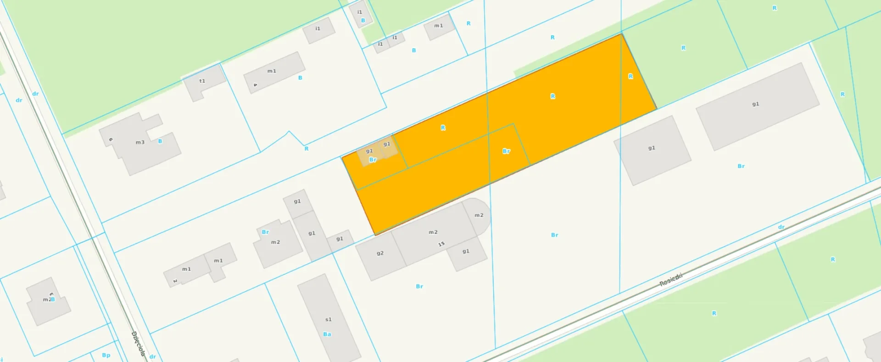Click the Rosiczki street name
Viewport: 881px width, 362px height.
coord(671,280)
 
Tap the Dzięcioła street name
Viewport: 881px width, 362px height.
coord(138,344)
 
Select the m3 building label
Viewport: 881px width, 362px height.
coord(140,142)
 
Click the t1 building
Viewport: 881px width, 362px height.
coord(204,83)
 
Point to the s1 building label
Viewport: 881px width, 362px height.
coord(328,319)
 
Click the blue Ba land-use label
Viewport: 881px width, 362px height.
coord(327,334)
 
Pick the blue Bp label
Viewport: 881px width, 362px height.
coord(106,355)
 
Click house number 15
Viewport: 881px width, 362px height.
coord(441,244)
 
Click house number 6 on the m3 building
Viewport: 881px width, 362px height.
coord(111,139)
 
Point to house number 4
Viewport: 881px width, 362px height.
coord(255,85)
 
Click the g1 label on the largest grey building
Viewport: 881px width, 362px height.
coord(755,104)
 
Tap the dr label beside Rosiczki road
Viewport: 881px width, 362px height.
coord(781,227)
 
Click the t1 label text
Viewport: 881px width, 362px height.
coord(202,81)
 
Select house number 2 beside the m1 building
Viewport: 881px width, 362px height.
coord(175,281)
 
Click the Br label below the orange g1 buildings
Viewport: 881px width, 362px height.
coord(373,159)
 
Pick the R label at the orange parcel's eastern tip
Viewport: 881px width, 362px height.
coord(630,76)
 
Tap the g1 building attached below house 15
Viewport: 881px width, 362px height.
coord(466,253)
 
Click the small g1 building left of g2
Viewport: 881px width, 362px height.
coord(340,240)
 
